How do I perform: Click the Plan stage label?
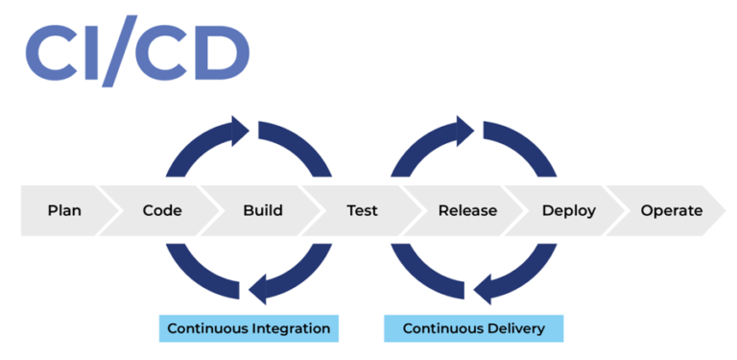point(64,210)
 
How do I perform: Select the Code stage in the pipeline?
point(162,210)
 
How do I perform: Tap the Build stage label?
point(262,210)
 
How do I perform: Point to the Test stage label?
point(362,210)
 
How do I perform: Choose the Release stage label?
point(467,210)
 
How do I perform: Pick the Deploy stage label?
point(568,210)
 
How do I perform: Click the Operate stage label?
point(671,210)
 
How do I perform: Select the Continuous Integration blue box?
point(249,328)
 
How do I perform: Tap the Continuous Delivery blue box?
point(473,328)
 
